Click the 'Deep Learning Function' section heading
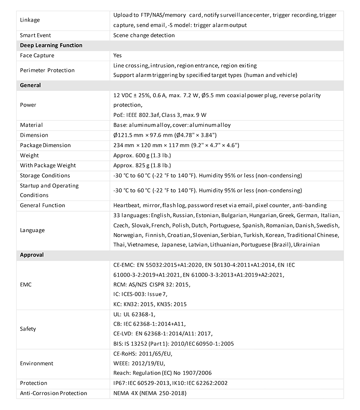click(x=51, y=45)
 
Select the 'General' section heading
click(x=31, y=85)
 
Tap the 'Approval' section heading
click(x=32, y=255)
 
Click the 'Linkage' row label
click(x=30, y=20)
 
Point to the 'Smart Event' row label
click(x=36, y=35)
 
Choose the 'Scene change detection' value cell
click(x=144, y=35)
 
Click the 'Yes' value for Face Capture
click(x=118, y=55)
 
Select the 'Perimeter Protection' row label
click(x=47, y=70)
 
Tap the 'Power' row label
click(x=28, y=105)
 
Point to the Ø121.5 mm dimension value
click(x=166, y=135)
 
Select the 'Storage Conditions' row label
click(x=45, y=175)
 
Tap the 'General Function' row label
click(x=43, y=205)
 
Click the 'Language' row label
click(x=32, y=230)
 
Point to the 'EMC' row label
click(x=26, y=285)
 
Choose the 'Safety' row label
click(x=28, y=329)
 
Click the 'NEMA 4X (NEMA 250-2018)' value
click(x=150, y=393)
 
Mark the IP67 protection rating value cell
click(x=171, y=383)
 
